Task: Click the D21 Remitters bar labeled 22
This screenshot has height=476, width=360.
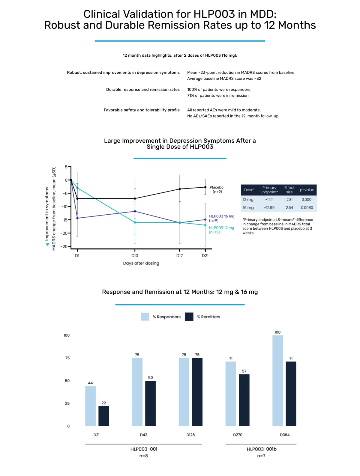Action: (x=104, y=416)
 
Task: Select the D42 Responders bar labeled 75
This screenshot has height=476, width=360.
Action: (x=137, y=392)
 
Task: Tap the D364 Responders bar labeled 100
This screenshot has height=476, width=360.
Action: (x=277, y=380)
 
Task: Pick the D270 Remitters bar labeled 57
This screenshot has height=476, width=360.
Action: (x=244, y=400)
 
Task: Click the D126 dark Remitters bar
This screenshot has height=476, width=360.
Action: (x=197, y=392)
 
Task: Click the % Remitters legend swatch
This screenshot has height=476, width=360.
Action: (x=189, y=317)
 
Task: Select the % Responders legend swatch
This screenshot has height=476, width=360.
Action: (x=145, y=317)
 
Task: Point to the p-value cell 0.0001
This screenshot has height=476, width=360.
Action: (x=307, y=200)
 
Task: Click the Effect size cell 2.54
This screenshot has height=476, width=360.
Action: (x=289, y=207)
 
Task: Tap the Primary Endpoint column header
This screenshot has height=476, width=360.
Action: (x=269, y=190)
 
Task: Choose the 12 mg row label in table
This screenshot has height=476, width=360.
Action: (x=248, y=200)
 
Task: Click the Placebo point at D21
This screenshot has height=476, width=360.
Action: (x=205, y=187)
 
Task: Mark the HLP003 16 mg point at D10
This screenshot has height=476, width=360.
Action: (x=135, y=211)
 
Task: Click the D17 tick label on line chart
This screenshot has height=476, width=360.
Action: (x=179, y=256)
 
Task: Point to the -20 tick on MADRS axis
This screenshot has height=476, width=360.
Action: (x=64, y=233)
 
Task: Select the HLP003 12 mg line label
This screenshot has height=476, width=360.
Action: (x=221, y=230)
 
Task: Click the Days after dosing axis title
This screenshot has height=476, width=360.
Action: (x=141, y=263)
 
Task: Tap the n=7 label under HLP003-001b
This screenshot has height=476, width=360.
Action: (x=261, y=456)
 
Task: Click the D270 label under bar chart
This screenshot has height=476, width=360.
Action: (x=238, y=435)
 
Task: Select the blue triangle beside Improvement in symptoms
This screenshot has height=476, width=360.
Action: (x=47, y=244)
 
